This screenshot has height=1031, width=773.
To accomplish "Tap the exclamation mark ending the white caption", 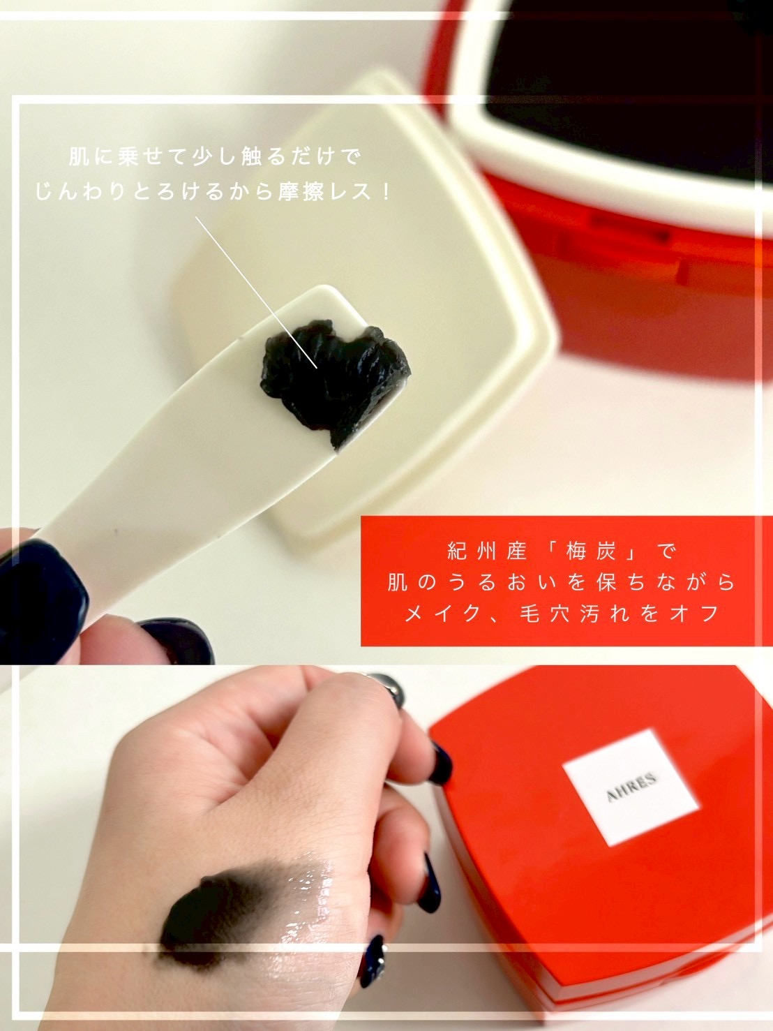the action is (386, 192).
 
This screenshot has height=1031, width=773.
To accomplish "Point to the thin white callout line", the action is (256, 292).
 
